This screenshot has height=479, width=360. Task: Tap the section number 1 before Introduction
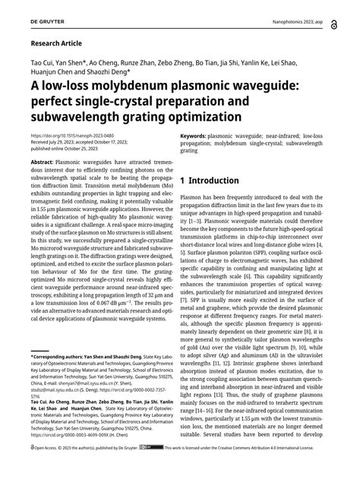(x=184, y=181)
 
